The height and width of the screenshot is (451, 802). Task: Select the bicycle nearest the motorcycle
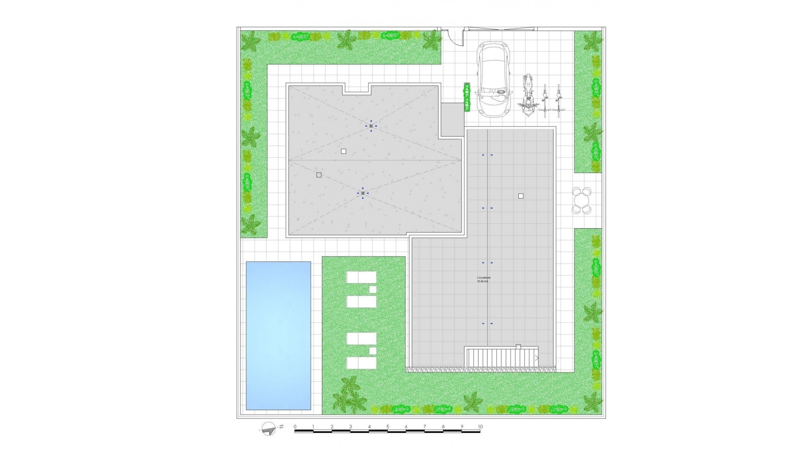(544, 99)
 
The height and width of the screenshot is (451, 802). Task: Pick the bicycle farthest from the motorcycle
(558, 99)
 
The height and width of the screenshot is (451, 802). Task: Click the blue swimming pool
(278, 335)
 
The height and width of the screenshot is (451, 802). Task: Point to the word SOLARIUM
(483, 278)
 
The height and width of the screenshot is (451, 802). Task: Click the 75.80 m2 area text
(482, 281)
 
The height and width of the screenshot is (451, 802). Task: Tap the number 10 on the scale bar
(480, 427)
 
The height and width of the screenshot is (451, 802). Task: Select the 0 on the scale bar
(295, 427)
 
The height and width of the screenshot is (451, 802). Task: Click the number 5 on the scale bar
(388, 427)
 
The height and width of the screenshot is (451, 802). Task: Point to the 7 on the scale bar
(424, 427)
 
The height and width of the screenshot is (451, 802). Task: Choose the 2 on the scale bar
(332, 427)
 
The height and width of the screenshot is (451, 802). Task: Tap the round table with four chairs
(581, 200)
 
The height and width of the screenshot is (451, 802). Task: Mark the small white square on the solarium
(521, 196)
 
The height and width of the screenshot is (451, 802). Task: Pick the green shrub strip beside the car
(467, 98)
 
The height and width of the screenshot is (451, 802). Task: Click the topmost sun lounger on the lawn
(361, 277)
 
